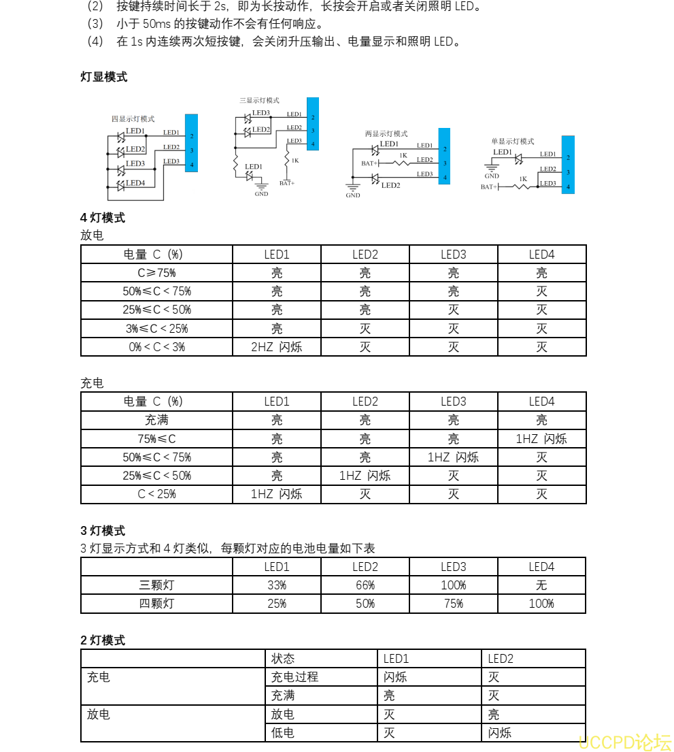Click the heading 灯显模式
pos(104,77)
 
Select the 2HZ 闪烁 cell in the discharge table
pos(276,347)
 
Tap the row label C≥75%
pos(156,273)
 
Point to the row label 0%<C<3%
pos(156,347)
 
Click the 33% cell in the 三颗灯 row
pos(276,585)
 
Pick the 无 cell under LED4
pos(541,585)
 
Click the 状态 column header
pos(283,659)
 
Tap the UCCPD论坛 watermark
pos(624,741)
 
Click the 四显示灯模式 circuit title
pos(133,119)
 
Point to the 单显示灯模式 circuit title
pos(513,142)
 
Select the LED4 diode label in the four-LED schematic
pos(135,183)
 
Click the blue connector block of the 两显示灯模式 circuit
pos(444,156)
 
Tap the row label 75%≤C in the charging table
pos(156,439)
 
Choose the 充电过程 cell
pos(294,677)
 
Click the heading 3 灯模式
pos(103,531)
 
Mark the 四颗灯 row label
pos(156,604)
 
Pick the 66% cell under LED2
pos(365,585)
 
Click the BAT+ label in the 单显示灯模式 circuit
pos(488,187)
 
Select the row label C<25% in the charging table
pos(156,494)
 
